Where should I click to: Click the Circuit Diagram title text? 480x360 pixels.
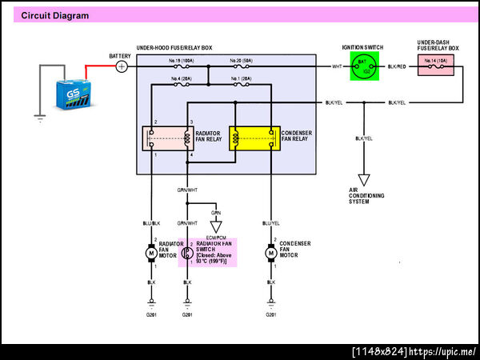click(55, 15)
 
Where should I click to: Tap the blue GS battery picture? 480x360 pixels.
click(76, 93)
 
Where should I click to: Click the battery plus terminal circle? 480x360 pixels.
click(122, 66)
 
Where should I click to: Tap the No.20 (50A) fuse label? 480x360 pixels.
click(241, 60)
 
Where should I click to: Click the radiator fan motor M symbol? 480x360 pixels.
click(151, 253)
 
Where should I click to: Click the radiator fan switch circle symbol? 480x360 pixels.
click(186, 253)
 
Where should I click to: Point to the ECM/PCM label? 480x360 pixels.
click(216, 238)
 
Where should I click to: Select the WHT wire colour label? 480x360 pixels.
click(338, 66)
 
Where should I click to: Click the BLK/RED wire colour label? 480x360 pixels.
click(397, 66)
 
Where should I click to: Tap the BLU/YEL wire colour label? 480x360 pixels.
click(270, 224)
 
